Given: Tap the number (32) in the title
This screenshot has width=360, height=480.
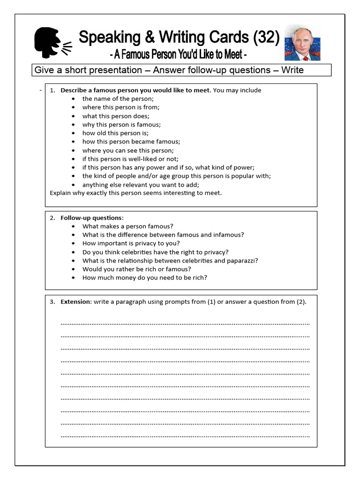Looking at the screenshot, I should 266,37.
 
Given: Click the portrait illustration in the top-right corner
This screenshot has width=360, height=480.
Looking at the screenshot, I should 302,43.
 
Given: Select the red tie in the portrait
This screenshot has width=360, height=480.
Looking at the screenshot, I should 305,57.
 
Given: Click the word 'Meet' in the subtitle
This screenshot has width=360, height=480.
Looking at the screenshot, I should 232,55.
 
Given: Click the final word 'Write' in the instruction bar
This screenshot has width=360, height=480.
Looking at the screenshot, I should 292,70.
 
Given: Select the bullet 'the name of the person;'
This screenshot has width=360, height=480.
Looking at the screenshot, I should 118,99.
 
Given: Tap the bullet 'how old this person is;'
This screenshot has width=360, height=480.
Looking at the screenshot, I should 115,133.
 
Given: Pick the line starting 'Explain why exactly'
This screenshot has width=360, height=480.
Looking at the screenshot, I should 135,193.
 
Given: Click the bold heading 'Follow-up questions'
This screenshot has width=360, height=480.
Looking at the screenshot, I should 91,218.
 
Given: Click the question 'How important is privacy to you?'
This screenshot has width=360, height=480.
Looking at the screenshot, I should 131,243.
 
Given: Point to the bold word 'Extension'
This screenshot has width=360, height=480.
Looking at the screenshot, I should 75,302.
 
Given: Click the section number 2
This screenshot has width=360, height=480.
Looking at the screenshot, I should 52,218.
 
